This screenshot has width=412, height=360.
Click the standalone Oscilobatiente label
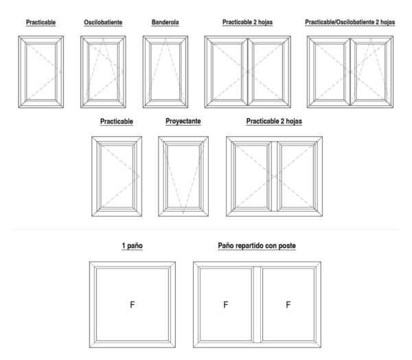click(x=103, y=23)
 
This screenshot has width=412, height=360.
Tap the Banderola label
click(x=165, y=22)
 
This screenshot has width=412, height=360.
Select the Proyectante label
click(x=183, y=121)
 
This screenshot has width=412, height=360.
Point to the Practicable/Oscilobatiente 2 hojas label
click(x=350, y=22)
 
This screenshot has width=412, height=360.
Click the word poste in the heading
click(x=287, y=245)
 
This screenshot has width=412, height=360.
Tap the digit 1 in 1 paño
click(x=124, y=245)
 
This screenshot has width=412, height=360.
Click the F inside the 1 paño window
click(x=133, y=305)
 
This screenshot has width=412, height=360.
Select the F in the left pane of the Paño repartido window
click(x=226, y=305)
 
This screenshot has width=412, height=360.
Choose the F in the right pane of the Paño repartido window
click(x=288, y=305)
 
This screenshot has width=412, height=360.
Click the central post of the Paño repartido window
click(x=257, y=304)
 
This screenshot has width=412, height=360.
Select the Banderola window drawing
click(x=165, y=71)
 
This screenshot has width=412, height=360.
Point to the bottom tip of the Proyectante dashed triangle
click(x=183, y=214)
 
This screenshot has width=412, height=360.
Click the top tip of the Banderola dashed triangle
click(x=165, y=38)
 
